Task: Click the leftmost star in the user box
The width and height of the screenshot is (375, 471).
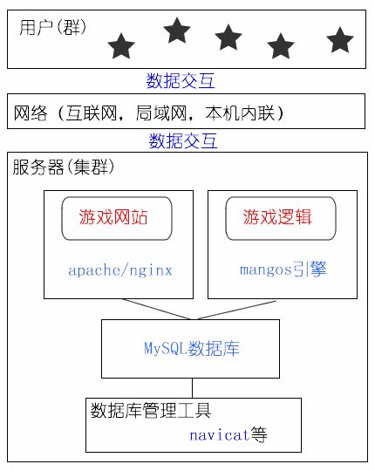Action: [121, 46]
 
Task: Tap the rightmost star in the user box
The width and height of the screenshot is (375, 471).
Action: [340, 40]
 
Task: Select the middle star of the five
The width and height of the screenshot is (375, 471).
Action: [228, 38]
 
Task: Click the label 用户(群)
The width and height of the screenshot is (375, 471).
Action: [53, 28]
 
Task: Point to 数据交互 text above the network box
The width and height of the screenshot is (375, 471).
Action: [181, 81]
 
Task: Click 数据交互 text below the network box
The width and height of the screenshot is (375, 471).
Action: [183, 140]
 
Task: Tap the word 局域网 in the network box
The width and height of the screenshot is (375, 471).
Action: [161, 113]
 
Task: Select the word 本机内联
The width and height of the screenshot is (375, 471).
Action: [240, 113]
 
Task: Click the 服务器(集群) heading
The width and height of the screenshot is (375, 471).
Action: [64, 167]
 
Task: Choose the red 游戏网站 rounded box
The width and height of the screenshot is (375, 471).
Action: [117, 218]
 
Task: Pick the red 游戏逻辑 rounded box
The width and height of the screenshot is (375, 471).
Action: [281, 218]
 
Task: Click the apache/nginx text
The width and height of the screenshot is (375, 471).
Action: [120, 270]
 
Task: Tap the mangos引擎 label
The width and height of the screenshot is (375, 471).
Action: [283, 270]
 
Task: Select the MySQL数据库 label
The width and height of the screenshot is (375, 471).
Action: [192, 348]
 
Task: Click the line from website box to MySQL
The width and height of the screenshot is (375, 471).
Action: [156, 309]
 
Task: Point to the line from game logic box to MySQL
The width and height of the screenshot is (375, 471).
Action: [237, 310]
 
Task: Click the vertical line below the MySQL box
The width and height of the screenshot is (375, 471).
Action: [192, 388]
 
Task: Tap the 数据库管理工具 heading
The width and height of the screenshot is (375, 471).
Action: [151, 410]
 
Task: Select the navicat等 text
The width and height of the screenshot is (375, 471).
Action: [228, 434]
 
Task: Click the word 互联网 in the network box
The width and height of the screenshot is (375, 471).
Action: [92, 113]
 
